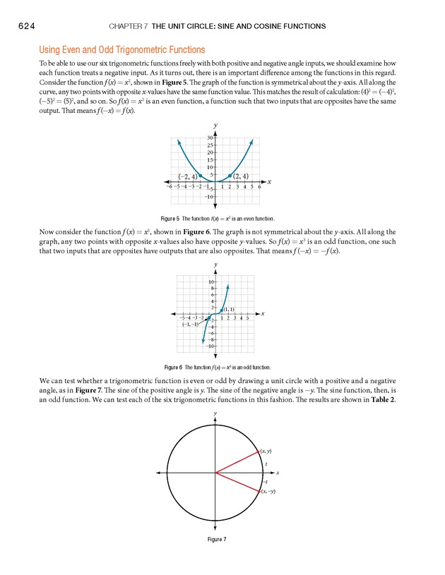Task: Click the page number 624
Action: tap(21, 26)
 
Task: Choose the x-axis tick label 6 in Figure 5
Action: tap(260, 187)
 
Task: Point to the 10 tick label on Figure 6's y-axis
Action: tap(210, 282)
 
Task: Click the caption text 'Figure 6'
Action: tap(174, 367)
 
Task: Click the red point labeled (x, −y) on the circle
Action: tap(258, 490)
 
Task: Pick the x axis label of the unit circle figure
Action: tap(278, 472)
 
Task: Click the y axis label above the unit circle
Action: tap(215, 413)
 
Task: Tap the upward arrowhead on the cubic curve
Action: tap(227, 286)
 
